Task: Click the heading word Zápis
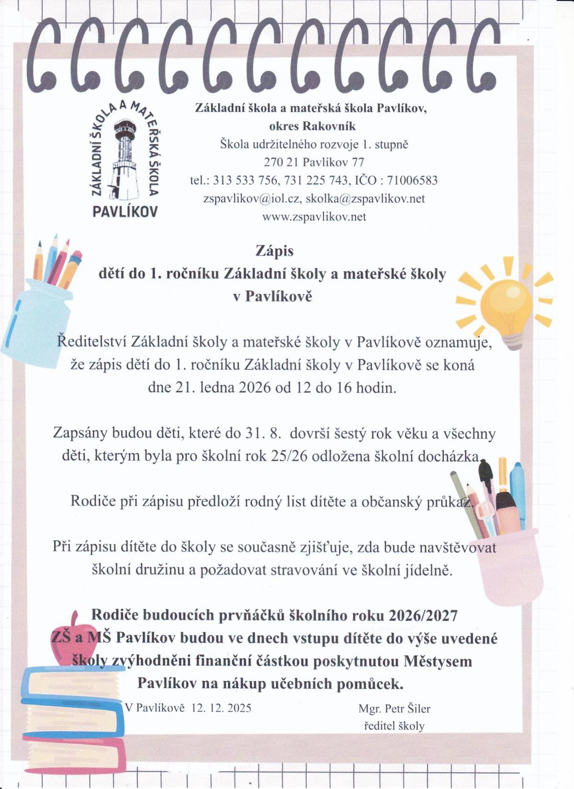tap(275, 251)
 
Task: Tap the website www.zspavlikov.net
tap(314, 217)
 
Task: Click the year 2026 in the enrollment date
tap(254, 387)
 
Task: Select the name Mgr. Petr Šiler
tap(394, 708)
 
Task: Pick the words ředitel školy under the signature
tap(394, 726)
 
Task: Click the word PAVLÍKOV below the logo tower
tap(125, 211)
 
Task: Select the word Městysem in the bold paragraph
tap(438, 661)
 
